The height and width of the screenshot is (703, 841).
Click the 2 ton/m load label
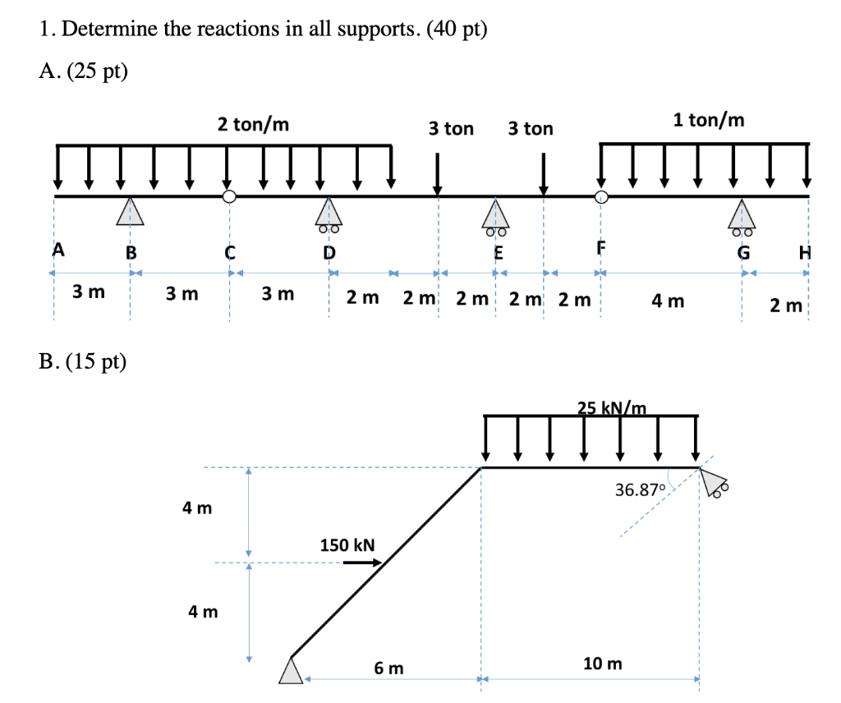pyautogui.click(x=253, y=125)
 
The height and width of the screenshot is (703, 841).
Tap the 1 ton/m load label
pyautogui.click(x=709, y=120)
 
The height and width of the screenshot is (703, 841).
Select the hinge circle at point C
pyautogui.click(x=230, y=196)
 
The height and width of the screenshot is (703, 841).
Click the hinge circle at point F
pyautogui.click(x=602, y=196)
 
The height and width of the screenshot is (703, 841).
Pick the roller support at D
pyautogui.click(x=328, y=214)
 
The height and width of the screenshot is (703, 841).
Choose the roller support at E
pyautogui.click(x=494, y=214)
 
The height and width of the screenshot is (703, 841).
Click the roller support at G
pyautogui.click(x=742, y=214)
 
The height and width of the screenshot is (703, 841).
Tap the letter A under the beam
pyautogui.click(x=57, y=250)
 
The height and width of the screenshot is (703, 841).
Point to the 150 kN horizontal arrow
pyautogui.click(x=362, y=563)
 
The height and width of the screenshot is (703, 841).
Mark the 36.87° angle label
pyautogui.click(x=638, y=490)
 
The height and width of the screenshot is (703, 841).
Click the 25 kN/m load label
pyautogui.click(x=612, y=407)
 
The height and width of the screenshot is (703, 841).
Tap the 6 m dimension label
pyautogui.click(x=388, y=669)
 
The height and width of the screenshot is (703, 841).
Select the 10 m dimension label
pyautogui.click(x=602, y=664)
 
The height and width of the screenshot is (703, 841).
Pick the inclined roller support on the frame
pyautogui.click(x=715, y=485)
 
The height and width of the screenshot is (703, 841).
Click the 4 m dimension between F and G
pyautogui.click(x=668, y=301)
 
